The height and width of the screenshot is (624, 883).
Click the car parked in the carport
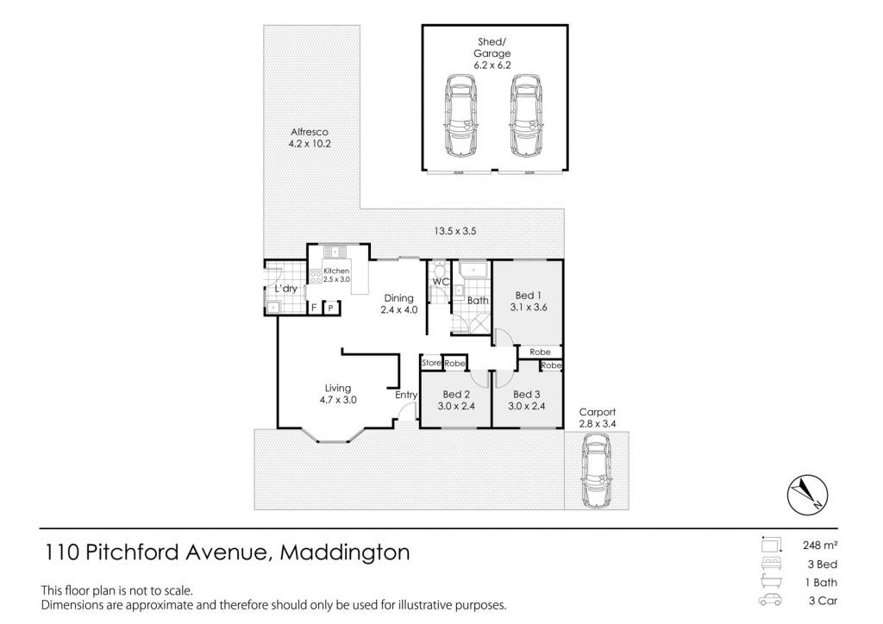(x=597, y=471)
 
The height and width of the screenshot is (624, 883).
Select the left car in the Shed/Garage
(x=462, y=115)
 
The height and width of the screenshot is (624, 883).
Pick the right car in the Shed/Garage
(x=527, y=115)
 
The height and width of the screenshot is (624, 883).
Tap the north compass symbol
(x=807, y=495)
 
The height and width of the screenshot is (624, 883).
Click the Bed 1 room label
(x=529, y=296)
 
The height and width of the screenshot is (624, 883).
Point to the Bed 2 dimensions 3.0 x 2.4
(x=456, y=406)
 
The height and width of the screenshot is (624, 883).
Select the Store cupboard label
(x=431, y=363)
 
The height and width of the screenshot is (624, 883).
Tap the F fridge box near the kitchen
(x=314, y=308)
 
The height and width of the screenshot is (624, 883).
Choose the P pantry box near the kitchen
(x=331, y=308)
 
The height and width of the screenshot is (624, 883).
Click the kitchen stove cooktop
(x=316, y=277)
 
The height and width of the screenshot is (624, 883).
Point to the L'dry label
(x=285, y=289)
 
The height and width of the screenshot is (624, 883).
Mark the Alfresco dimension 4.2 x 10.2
(x=310, y=143)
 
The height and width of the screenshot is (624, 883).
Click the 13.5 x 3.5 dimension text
(x=455, y=231)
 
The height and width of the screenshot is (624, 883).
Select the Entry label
(x=406, y=395)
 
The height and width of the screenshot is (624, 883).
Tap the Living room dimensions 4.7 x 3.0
(x=338, y=400)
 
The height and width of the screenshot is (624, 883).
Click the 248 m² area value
(x=820, y=545)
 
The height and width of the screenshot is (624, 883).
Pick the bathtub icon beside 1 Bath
(x=770, y=581)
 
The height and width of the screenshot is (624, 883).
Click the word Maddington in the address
(x=345, y=552)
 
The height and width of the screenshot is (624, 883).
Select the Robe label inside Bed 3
(x=551, y=365)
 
